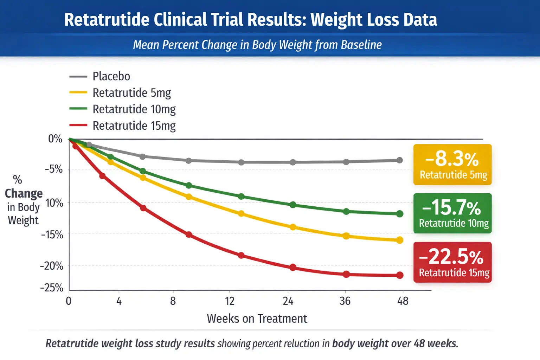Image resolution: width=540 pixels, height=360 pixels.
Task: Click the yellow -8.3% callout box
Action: click(452, 165)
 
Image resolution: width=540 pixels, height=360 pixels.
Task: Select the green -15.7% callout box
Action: click(452, 213)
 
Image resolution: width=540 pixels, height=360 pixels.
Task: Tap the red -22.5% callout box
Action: click(452, 262)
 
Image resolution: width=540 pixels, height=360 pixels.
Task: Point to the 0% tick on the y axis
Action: click(55, 139)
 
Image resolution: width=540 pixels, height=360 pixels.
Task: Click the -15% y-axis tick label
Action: click(52, 234)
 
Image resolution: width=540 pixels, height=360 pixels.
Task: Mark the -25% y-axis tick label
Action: click(52, 288)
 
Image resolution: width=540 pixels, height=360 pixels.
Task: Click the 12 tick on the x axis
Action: click(230, 301)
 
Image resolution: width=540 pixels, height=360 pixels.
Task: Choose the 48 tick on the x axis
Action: click(403, 301)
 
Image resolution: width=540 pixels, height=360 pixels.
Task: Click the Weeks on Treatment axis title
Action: click(257, 319)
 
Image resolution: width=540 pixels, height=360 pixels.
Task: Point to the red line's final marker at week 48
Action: click(400, 275)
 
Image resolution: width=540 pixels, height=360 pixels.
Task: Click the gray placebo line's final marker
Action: click(400, 160)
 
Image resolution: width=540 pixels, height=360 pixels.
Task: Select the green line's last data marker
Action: click(400, 214)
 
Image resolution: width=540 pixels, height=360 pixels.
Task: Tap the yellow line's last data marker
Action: click(400, 240)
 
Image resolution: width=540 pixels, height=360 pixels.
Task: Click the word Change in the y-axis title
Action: click(24, 194)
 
